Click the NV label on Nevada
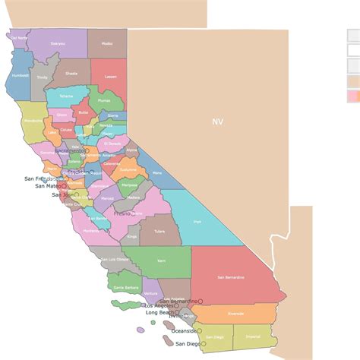coord(218,122)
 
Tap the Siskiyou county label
coord(58,44)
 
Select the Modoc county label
coord(106,43)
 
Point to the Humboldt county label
coord(21,75)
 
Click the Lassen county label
coord(111,77)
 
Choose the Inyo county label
coord(197,222)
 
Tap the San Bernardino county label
coord(230,277)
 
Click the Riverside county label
coord(235,313)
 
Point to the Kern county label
coord(161,261)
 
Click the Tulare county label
coord(159,232)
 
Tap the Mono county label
coord(157,173)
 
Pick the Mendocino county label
coord(33,121)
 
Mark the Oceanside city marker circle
coord(200,330)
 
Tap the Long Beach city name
coord(159,312)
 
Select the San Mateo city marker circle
coord(65,185)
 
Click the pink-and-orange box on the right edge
coord(353,96)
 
